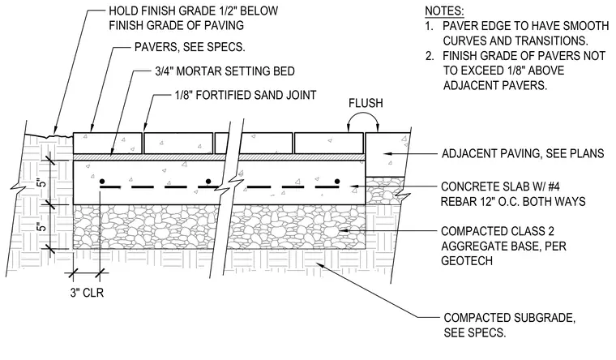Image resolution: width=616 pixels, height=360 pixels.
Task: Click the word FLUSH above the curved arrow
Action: [x=366, y=103]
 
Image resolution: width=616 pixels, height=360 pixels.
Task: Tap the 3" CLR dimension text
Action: [x=87, y=293]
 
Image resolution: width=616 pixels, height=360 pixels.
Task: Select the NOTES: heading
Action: [x=444, y=11]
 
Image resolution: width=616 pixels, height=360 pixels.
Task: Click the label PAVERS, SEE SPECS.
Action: [x=190, y=47]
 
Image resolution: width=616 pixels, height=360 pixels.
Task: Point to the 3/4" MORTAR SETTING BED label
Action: [x=225, y=71]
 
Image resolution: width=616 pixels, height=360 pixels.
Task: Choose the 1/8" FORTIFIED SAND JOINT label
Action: [x=246, y=95]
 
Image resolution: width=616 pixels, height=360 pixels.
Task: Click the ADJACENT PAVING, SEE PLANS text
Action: [x=523, y=153]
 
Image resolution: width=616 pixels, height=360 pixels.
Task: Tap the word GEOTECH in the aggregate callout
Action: [x=467, y=260]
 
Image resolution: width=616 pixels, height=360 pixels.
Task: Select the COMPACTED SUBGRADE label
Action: [x=510, y=318]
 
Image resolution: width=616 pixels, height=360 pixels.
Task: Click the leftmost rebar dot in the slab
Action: [x=102, y=181]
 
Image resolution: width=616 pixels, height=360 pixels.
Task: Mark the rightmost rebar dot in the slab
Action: [x=337, y=181]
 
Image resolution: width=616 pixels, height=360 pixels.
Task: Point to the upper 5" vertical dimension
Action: [x=41, y=182]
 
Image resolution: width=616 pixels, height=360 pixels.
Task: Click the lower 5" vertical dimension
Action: [x=41, y=226]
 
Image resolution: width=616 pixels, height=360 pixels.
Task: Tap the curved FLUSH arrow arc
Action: [x=363, y=114]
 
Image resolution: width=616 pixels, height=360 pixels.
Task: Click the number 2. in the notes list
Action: [x=430, y=56]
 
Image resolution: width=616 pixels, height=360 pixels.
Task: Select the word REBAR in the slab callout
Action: [x=458, y=202]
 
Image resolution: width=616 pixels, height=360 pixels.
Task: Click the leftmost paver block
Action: [x=108, y=143]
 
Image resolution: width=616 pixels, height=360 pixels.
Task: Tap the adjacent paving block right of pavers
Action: [x=387, y=154]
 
